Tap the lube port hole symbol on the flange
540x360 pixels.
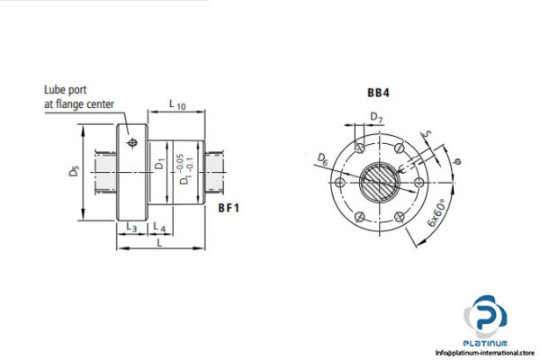pyautogui.click(x=133, y=143)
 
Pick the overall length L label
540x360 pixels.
pyautogui.click(x=158, y=243)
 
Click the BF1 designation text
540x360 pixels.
pyautogui.click(x=230, y=207)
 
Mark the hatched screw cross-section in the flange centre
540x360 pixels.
pyautogui.click(x=378, y=181)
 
